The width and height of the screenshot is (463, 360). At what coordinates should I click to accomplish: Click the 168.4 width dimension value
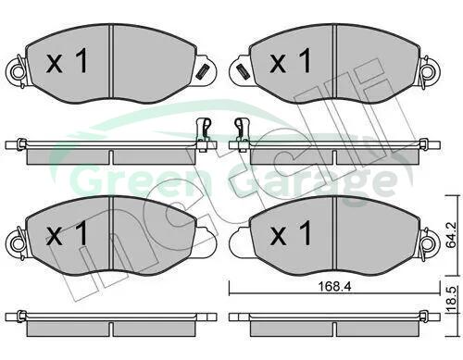click(334, 287)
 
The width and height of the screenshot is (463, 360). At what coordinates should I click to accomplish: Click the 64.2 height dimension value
click(451, 235)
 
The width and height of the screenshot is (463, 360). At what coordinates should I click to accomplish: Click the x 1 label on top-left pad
click(67, 61)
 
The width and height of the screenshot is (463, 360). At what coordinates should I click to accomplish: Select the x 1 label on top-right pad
click(291, 61)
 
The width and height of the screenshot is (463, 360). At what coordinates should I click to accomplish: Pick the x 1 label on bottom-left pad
click(67, 233)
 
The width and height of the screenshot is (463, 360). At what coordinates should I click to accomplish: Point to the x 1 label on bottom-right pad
click(291, 233)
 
